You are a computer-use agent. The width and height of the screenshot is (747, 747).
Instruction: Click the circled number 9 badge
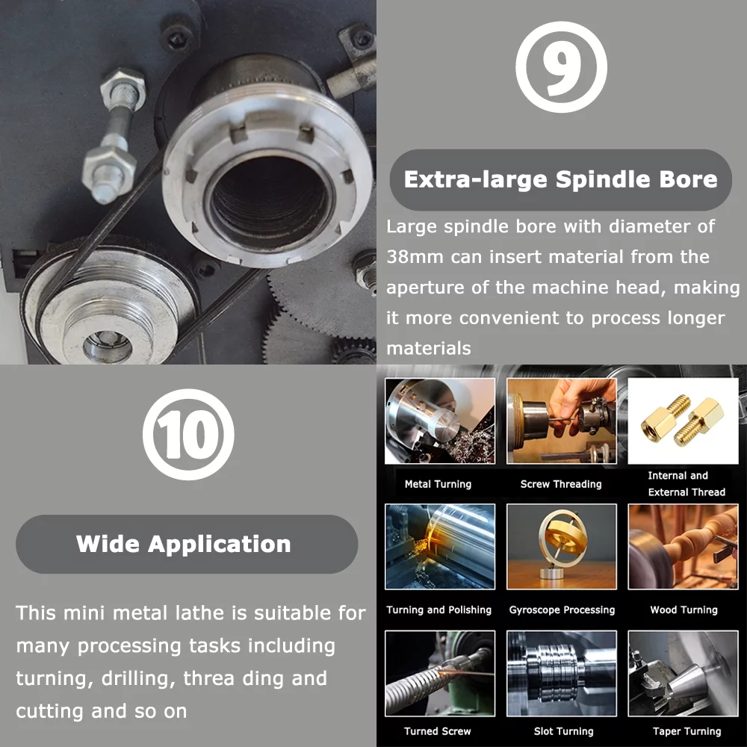(561, 66)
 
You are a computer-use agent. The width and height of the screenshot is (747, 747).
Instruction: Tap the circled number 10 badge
(188, 434)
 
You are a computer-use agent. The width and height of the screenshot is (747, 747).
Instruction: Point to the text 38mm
(415, 257)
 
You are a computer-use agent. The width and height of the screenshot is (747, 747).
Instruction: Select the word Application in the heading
(220, 544)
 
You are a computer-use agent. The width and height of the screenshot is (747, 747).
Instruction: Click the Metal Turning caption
(438, 484)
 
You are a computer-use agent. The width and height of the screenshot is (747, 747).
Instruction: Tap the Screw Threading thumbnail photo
(561, 421)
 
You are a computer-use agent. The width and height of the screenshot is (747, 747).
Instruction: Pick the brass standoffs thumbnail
(683, 421)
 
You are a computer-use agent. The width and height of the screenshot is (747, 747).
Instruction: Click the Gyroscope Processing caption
(562, 610)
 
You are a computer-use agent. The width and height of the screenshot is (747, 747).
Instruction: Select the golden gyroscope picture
(561, 547)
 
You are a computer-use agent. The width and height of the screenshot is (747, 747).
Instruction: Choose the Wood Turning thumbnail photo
(683, 547)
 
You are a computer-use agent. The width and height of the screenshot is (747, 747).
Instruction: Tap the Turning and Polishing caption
(438, 610)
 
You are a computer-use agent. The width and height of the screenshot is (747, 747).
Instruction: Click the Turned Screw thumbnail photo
(440, 673)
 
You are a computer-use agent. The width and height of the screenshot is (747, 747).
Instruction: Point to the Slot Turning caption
(563, 731)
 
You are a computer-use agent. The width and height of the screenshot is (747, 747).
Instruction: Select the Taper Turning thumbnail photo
(683, 673)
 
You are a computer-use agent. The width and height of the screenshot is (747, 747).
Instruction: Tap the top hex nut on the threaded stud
(123, 89)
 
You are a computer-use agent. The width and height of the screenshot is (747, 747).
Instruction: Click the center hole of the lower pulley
(108, 344)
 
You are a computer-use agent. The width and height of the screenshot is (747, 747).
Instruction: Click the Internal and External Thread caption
(686, 483)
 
